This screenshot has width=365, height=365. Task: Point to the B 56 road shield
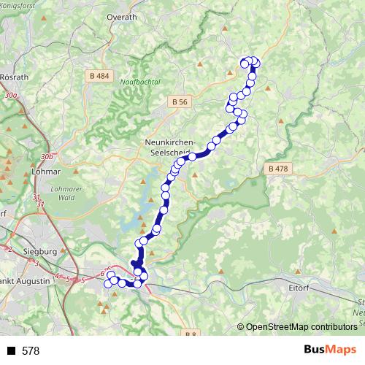(182, 102)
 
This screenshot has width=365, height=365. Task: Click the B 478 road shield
(279, 169)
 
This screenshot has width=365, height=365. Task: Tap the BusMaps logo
(328, 350)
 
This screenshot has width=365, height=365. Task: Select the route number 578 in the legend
(31, 351)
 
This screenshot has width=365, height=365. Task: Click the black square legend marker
(11, 351)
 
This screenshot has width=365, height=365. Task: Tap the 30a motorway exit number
(10, 95)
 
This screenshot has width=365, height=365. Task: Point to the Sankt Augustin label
(26, 280)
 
